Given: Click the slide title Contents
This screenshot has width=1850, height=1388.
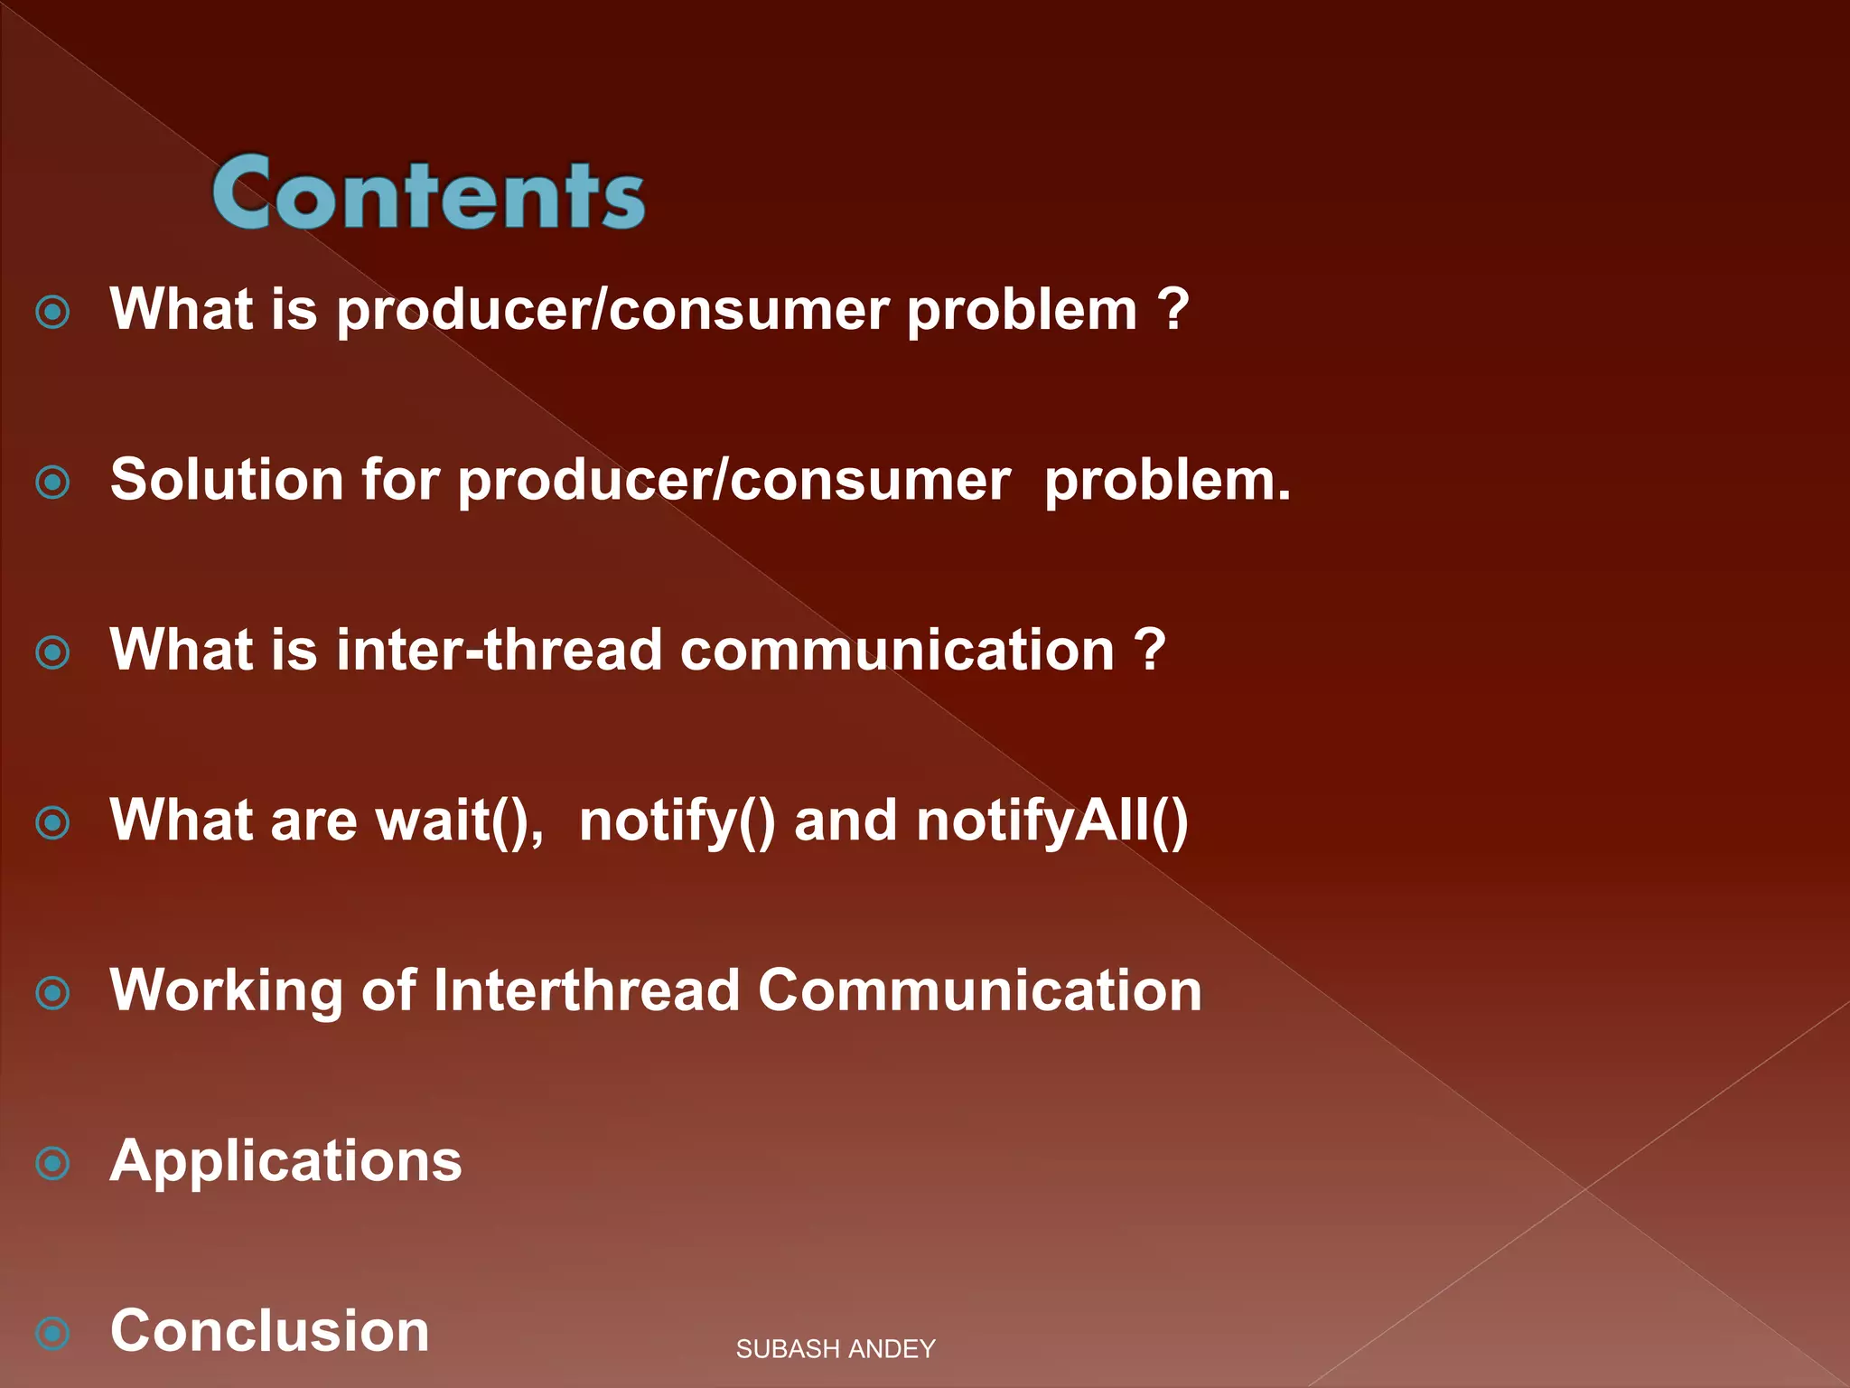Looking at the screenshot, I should (428, 192).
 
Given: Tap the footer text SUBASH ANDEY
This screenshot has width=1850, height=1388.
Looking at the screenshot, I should (835, 1349).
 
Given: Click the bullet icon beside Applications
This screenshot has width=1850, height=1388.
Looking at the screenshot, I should (52, 1163).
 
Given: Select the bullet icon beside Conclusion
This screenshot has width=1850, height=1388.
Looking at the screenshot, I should (52, 1333).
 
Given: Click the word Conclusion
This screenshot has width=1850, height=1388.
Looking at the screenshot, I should (269, 1330).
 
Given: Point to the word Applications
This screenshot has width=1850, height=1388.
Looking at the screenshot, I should (285, 1161).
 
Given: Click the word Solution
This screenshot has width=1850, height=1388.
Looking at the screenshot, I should (226, 479).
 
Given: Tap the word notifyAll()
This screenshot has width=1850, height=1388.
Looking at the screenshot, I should (1051, 821).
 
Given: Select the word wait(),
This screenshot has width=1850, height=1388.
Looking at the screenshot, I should (459, 821).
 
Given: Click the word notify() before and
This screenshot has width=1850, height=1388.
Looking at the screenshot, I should (676, 821).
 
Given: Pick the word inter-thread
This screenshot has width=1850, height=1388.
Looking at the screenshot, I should (499, 650).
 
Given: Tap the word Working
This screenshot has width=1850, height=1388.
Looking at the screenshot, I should (226, 990).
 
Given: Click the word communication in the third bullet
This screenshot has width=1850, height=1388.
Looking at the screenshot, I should (897, 650).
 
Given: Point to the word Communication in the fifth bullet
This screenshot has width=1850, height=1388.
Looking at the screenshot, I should (979, 990).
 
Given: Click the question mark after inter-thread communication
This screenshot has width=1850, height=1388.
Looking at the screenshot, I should (1150, 650).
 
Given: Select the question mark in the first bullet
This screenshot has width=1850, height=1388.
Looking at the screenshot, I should (1173, 309).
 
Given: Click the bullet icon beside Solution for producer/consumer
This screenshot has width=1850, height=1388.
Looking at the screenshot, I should (52, 482).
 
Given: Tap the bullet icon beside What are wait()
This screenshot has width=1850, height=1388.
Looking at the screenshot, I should (52, 822).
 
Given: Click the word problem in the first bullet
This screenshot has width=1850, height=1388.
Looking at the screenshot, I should (1021, 311).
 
